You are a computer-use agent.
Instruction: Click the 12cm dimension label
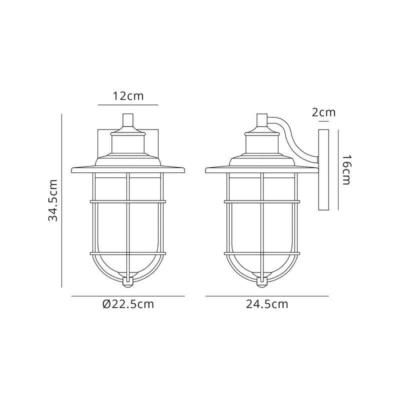[128, 96]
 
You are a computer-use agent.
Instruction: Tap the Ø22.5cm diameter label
[127, 304]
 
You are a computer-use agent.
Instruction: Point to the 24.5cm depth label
[266, 304]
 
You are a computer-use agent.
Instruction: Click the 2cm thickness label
[323, 112]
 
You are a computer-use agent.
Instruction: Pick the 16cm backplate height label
[345, 170]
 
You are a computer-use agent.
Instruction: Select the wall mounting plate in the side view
[323, 170]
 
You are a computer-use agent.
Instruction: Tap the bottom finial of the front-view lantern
[128, 283]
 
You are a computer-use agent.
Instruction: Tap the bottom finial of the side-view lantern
[261, 283]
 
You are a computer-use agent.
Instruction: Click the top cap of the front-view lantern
[128, 120]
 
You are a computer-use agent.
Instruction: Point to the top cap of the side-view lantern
[261, 120]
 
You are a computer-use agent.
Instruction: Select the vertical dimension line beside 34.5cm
[61, 200]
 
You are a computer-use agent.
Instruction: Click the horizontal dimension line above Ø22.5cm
[128, 296]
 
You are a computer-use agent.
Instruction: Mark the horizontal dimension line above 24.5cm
[267, 296]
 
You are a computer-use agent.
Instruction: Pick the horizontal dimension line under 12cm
[128, 105]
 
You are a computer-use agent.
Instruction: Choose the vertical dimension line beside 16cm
[338, 170]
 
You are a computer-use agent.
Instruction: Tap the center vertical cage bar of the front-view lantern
[128, 225]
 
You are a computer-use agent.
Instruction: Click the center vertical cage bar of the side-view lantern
[261, 225]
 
